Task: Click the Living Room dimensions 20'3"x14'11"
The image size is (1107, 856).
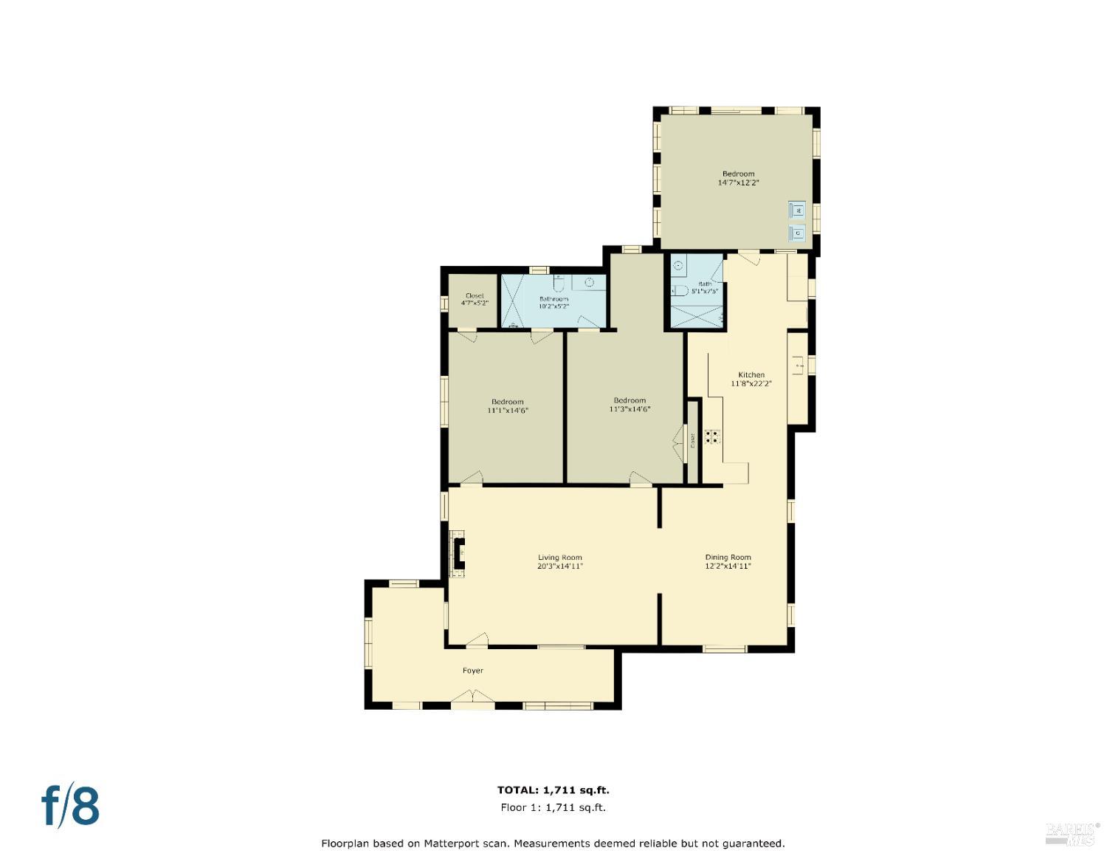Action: [x=560, y=566]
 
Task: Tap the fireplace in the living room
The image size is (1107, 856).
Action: [x=458, y=552]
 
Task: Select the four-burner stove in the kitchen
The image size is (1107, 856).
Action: [x=712, y=436]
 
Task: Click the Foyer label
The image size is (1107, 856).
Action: [x=473, y=671]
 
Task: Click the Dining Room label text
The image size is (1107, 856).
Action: [x=728, y=558]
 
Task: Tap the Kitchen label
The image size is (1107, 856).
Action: [x=751, y=374]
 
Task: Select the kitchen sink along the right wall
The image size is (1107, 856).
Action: [x=798, y=363]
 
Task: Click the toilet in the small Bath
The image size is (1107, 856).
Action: [x=680, y=291]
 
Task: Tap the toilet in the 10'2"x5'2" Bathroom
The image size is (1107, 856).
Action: [x=559, y=284]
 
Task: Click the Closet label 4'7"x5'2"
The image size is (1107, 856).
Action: [x=475, y=299]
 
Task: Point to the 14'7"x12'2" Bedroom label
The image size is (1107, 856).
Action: [x=738, y=178]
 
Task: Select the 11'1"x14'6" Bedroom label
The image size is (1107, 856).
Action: [x=508, y=405]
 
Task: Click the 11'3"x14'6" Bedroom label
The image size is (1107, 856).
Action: [x=630, y=405]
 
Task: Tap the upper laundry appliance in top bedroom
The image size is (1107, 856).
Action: [x=797, y=210]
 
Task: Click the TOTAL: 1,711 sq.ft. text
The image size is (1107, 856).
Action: [x=553, y=790]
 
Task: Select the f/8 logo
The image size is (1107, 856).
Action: [x=70, y=806]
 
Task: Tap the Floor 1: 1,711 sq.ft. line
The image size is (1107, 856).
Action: [x=553, y=807]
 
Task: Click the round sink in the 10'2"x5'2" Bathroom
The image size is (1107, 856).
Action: [x=590, y=282]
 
